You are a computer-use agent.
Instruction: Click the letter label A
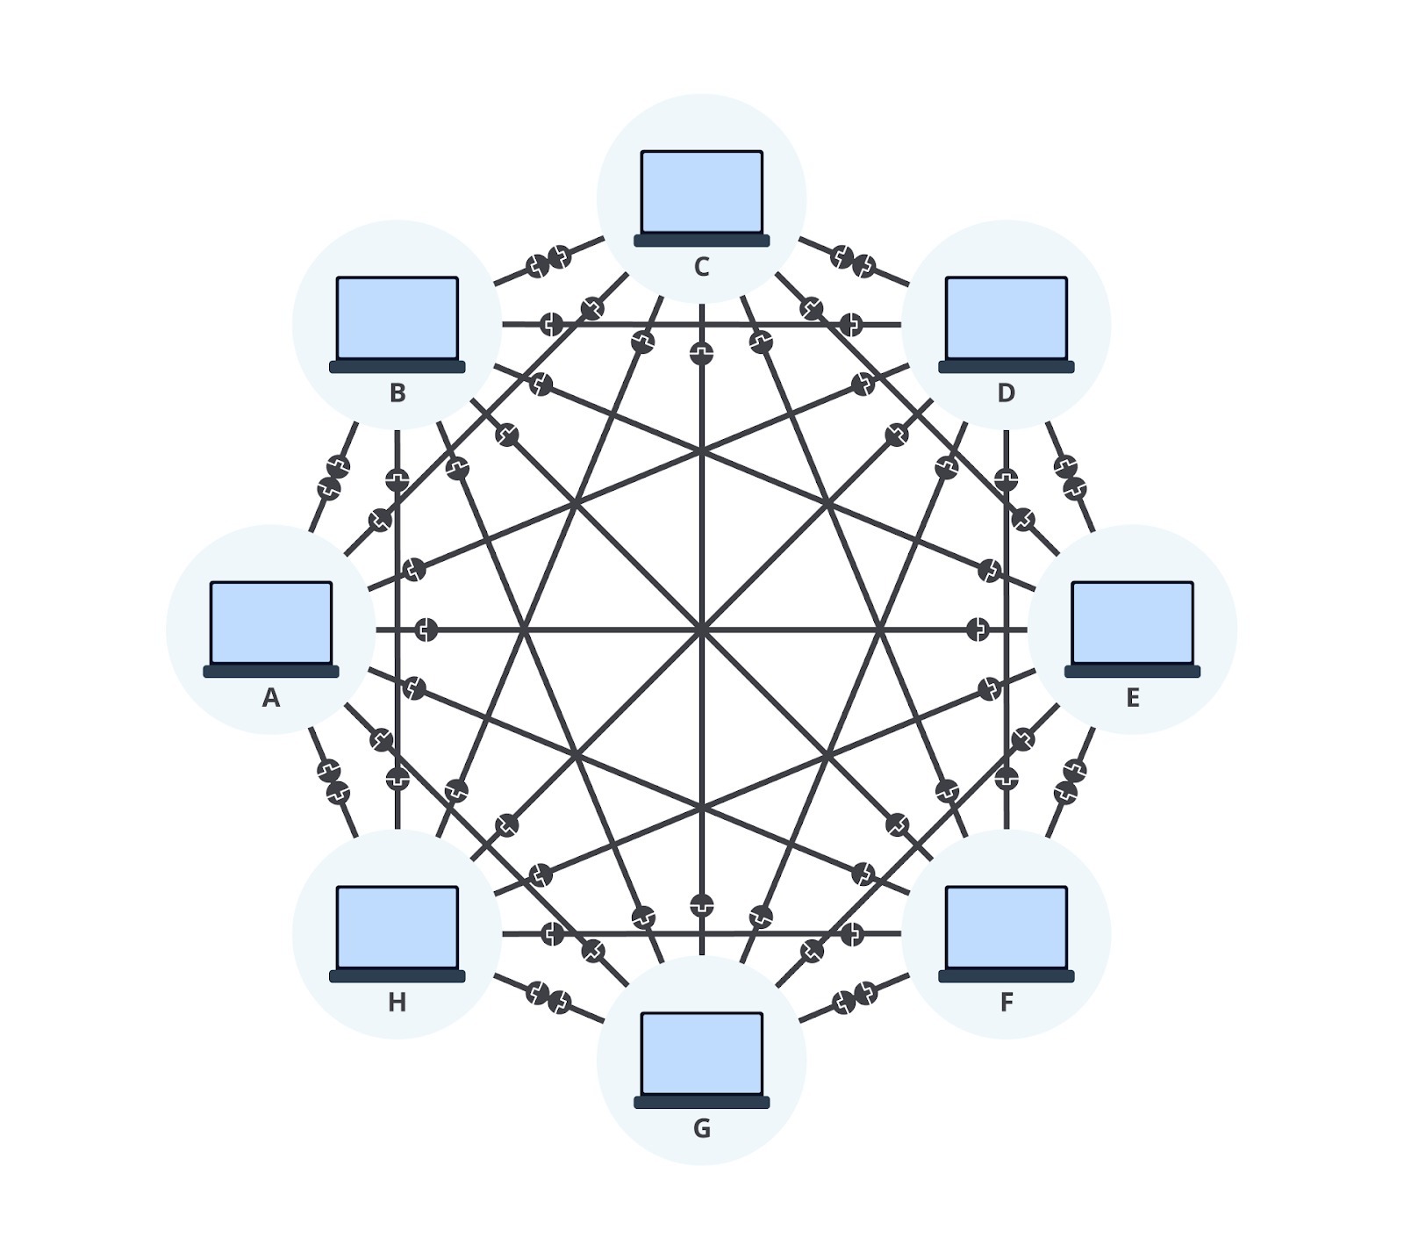[x=271, y=697]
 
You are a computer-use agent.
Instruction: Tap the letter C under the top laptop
[x=702, y=267]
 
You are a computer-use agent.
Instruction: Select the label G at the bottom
[x=702, y=1128]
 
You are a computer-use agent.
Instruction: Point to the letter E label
[x=1133, y=697]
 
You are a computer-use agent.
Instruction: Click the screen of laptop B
[x=398, y=318]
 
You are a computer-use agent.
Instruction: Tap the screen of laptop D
[x=1006, y=318]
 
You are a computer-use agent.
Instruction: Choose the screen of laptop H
[x=398, y=927]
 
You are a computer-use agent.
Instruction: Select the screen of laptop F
[x=1006, y=927]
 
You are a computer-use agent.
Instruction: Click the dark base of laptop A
[x=271, y=672]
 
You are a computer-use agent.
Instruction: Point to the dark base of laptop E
[x=1133, y=672]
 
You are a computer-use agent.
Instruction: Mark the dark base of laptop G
[x=702, y=1103]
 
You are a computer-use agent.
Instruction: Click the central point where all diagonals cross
[x=702, y=629]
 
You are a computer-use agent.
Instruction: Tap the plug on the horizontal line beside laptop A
[x=426, y=629]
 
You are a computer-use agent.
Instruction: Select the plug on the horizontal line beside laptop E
[x=978, y=629]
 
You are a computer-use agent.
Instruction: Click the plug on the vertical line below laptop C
[x=702, y=353]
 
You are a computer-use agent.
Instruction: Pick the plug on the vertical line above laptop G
[x=702, y=905]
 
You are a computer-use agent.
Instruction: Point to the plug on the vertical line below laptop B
[x=398, y=480]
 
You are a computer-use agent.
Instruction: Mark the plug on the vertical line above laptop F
[x=1006, y=778]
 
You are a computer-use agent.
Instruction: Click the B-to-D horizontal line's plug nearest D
[x=851, y=325]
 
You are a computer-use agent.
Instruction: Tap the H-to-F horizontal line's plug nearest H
[x=553, y=933]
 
